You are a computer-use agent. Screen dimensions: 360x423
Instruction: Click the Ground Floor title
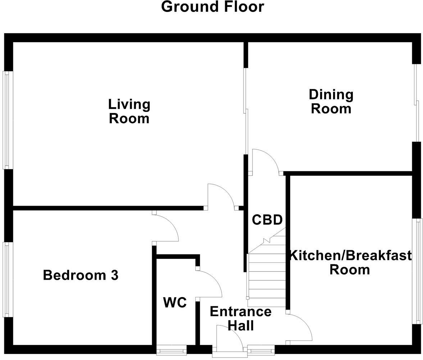pos(212,7)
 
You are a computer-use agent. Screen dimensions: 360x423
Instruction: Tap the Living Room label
pos(129,111)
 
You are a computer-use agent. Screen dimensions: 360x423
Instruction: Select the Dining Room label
pos(331,102)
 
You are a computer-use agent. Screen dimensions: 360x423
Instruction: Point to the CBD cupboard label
pos(267,220)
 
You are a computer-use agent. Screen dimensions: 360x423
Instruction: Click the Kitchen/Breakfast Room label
pos(350,262)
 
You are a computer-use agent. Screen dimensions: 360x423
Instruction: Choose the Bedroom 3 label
pos(81,275)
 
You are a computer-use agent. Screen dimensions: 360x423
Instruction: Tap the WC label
pos(175,303)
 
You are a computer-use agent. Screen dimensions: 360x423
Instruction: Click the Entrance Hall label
pos(241,318)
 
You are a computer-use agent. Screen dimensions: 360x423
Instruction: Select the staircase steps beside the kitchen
pos(266,275)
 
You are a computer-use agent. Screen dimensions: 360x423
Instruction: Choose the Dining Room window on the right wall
pos(416,103)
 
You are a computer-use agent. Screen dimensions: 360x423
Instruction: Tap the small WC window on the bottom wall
pos(172,350)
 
